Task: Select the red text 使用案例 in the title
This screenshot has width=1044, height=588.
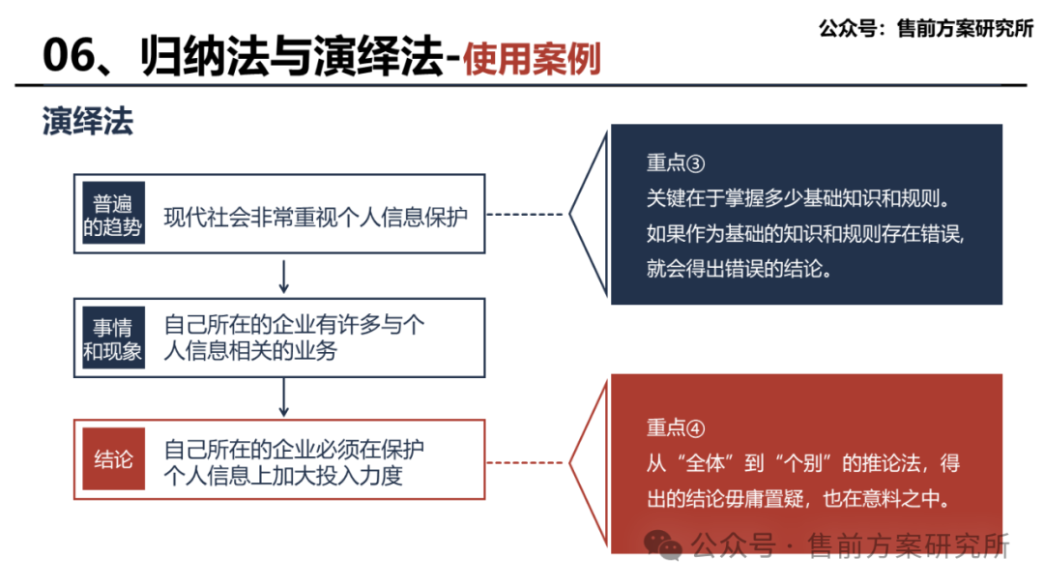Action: pos(531,59)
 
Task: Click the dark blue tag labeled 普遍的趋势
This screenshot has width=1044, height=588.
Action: pos(113,215)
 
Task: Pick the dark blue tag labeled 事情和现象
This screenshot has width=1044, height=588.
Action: pos(113,338)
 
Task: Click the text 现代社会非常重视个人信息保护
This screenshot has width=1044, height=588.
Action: pos(315,216)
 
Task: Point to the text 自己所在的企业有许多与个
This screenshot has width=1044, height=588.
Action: pos(294,325)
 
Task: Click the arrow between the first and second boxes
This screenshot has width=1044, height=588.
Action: pos(283,276)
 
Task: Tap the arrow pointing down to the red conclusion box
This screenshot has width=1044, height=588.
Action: pos(283,397)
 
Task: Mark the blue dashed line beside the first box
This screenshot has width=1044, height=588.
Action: pos(526,215)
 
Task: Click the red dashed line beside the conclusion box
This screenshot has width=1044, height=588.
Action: pos(526,461)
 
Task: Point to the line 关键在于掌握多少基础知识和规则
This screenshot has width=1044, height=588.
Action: pos(801,197)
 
